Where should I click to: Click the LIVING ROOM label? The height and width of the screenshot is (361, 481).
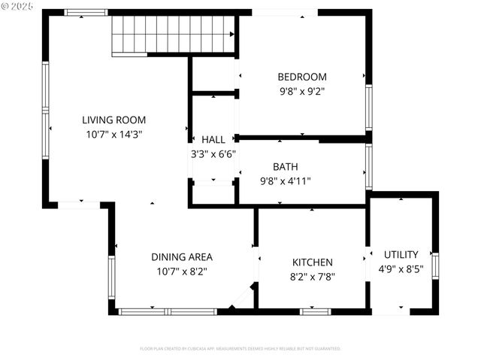point(113,120)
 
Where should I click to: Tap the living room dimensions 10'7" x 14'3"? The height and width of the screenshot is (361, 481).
point(113,134)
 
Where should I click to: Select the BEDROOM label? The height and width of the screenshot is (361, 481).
point(302,76)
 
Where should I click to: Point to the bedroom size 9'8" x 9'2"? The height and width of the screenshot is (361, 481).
point(302,90)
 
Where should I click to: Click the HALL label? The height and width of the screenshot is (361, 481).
point(213,140)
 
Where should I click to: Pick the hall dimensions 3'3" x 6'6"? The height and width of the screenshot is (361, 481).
point(213,154)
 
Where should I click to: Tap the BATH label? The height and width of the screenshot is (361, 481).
point(285,166)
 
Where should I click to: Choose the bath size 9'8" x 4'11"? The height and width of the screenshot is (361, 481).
point(285,180)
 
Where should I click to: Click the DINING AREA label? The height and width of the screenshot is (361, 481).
point(182,256)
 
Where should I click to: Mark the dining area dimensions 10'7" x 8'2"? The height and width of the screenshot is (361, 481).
point(182,271)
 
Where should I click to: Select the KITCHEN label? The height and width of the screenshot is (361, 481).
point(313,262)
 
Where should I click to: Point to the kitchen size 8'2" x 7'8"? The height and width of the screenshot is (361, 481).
point(313,277)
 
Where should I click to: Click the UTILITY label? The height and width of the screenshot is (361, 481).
point(401,255)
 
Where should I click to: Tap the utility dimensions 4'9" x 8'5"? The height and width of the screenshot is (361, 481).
point(401,269)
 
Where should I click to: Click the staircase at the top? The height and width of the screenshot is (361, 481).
point(174,34)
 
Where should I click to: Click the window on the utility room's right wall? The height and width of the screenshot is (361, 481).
point(435,265)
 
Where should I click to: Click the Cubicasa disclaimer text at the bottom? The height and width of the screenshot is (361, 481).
point(240,349)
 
